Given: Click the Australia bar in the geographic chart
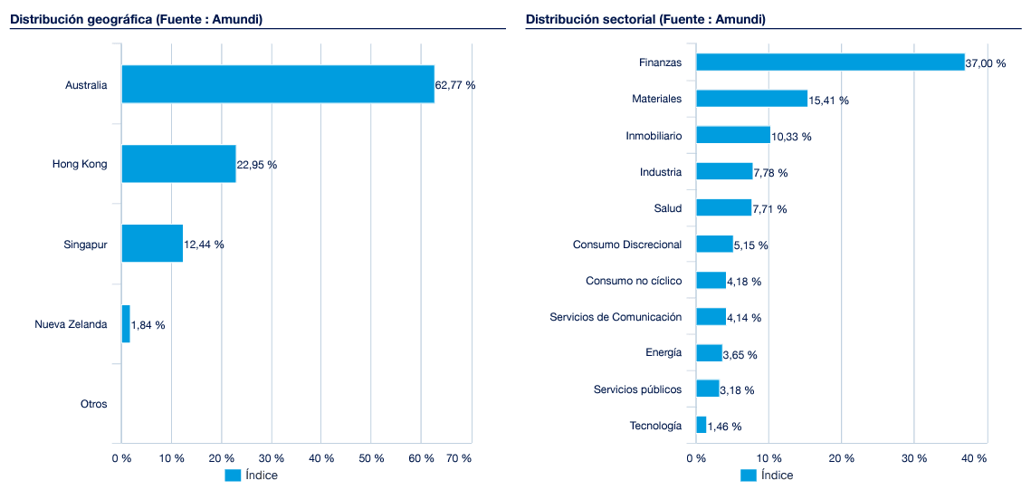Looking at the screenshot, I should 278,84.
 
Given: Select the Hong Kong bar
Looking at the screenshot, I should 178,164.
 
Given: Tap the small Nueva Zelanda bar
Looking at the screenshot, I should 126,324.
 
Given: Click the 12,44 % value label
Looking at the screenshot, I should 204,245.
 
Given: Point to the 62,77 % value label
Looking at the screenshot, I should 455,85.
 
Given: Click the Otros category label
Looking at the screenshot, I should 93,404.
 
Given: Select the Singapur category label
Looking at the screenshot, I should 85,245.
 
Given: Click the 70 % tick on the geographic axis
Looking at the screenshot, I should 459,458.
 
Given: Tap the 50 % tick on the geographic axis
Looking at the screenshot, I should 371,458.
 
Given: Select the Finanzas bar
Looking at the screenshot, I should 830,62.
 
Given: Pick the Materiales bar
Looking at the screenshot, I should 751,99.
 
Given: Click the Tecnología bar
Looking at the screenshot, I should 701,425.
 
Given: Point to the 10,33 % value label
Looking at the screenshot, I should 791,137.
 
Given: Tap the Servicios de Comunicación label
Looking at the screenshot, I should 616,317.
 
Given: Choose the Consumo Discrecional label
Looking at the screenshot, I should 626,245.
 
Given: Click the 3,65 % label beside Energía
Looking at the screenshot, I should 740,354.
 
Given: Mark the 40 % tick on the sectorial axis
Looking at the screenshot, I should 974,458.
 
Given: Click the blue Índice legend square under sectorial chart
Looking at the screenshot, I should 748,476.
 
